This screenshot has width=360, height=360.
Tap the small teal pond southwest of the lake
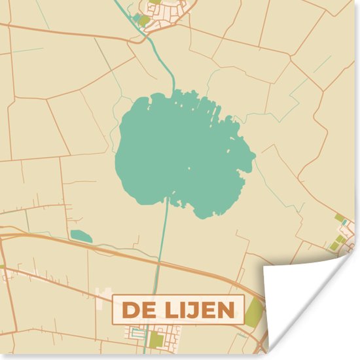point(81,236)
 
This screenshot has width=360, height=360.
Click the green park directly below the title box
point(155,339)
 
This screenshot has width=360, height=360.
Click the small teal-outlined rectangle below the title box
point(138,333)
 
